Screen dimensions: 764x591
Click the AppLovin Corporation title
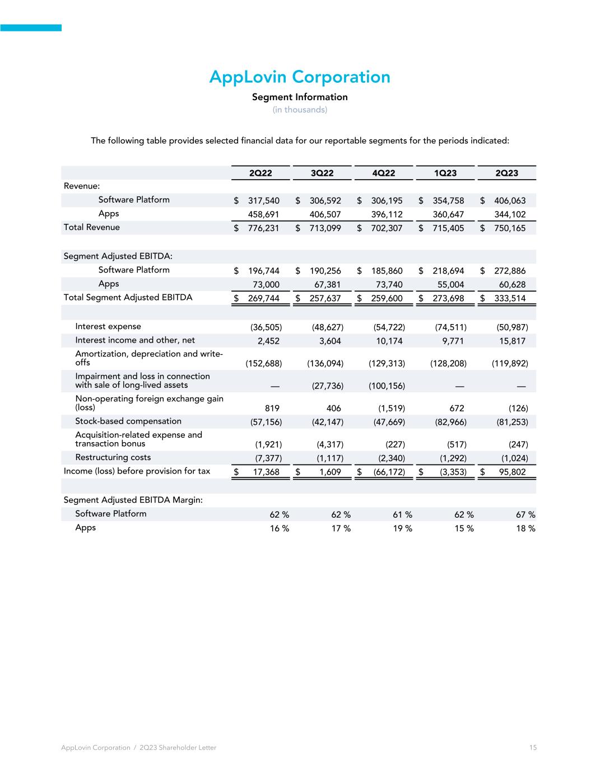[300, 77]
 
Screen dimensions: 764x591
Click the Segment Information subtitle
[300, 97]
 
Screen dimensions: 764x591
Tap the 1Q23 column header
[445, 173]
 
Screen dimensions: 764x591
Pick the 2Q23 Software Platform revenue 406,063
[510, 200]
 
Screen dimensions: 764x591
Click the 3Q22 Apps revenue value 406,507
[325, 214]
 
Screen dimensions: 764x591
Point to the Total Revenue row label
[92, 227]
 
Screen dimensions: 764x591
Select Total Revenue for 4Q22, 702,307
[387, 228]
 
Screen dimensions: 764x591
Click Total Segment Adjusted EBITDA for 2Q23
[510, 298]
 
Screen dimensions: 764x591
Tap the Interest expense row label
[108, 326]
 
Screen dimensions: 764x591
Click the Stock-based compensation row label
[128, 421]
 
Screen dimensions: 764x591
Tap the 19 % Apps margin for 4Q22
[402, 528]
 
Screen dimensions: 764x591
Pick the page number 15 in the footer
[533, 748]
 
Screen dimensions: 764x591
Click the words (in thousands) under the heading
[300, 110]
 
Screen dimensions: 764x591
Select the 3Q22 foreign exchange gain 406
[333, 409]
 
